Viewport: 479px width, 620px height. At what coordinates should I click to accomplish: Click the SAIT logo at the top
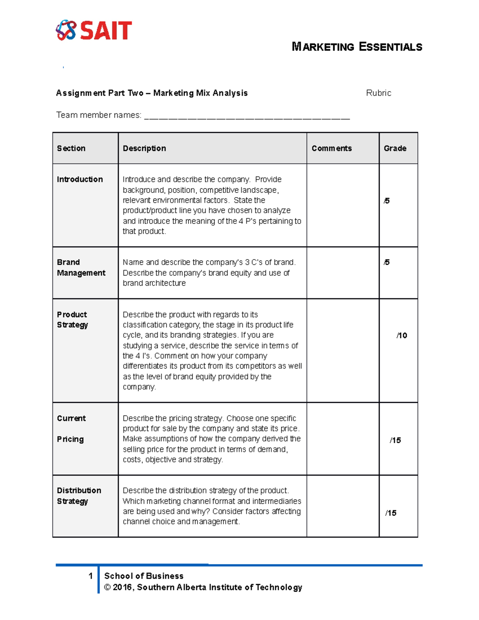pyautogui.click(x=94, y=30)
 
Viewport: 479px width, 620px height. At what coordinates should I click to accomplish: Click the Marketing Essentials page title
pyautogui.click(x=357, y=47)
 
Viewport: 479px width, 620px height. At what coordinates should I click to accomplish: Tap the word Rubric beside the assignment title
pyautogui.click(x=378, y=93)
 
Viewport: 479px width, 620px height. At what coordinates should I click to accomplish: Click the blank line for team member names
pyautogui.click(x=247, y=116)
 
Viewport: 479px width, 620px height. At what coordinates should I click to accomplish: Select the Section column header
pyautogui.click(x=71, y=149)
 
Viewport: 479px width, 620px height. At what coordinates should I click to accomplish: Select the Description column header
pyautogui.click(x=144, y=149)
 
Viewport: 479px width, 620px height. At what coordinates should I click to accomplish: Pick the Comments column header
pyautogui.click(x=332, y=149)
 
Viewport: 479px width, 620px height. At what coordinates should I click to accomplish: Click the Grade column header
pyautogui.click(x=395, y=149)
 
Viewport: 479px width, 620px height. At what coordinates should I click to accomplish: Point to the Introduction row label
pyautogui.click(x=80, y=179)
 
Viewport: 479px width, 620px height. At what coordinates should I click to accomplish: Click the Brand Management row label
pyautogui.click(x=81, y=267)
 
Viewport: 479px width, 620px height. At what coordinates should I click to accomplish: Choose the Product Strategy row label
pyautogui.click(x=72, y=320)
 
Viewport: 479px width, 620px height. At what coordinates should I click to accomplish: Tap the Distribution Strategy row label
pyautogui.click(x=79, y=495)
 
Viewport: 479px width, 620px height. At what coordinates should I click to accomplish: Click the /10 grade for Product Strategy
pyautogui.click(x=402, y=335)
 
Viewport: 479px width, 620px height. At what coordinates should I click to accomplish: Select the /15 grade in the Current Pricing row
pyautogui.click(x=395, y=440)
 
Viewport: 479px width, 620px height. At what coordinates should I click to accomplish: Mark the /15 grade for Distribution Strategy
pyautogui.click(x=391, y=513)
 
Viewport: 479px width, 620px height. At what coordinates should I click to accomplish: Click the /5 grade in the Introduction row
pyautogui.click(x=386, y=201)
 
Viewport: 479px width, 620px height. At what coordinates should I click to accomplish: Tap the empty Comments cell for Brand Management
pyautogui.click(x=342, y=273)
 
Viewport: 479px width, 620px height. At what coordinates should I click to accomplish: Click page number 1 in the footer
pyautogui.click(x=91, y=576)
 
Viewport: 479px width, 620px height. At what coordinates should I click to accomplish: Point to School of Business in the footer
pyautogui.click(x=144, y=576)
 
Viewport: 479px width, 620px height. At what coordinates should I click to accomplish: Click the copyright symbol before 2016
pyautogui.click(x=107, y=587)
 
